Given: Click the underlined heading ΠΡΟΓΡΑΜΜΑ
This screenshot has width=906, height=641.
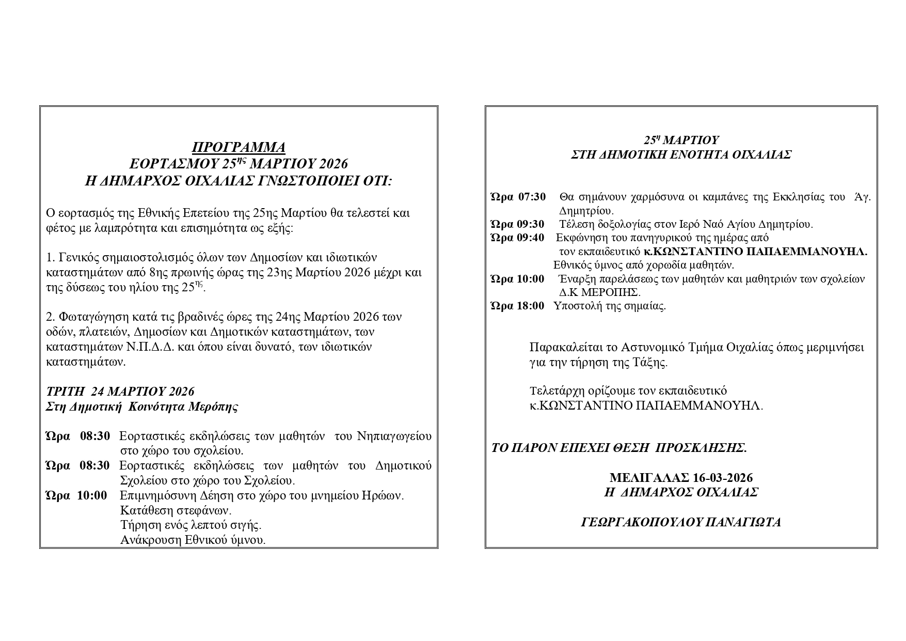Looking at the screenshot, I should pyautogui.click(x=239, y=148).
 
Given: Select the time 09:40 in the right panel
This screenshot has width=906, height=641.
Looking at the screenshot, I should pyautogui.click(x=530, y=238).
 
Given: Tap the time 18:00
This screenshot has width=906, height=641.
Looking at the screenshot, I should pyautogui.click(x=530, y=305).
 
